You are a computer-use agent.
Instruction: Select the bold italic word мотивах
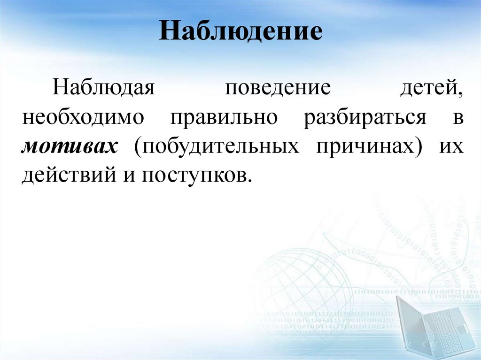coord(70,147)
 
